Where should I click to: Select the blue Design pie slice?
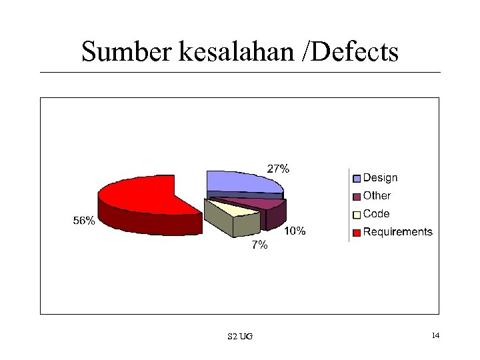pyautogui.click(x=240, y=181)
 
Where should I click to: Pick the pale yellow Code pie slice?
pyautogui.click(x=233, y=209)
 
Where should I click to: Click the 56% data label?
pyautogui.click(x=84, y=221)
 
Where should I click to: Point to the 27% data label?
pyautogui.click(x=278, y=169)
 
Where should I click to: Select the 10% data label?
pyautogui.click(x=295, y=231)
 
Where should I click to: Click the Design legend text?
pyautogui.click(x=380, y=178)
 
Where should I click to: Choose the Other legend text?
pyautogui.click(x=377, y=196)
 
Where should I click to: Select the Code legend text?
pyautogui.click(x=376, y=214)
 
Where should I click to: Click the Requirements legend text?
pyautogui.click(x=397, y=232)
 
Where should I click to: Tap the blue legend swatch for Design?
pyautogui.click(x=357, y=179)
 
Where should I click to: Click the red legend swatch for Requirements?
pyautogui.click(x=357, y=233)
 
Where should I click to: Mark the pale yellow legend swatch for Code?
pyautogui.click(x=357, y=215)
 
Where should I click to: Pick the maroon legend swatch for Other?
pyautogui.click(x=357, y=197)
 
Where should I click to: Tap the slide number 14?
pyautogui.click(x=435, y=335)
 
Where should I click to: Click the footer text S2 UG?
pyautogui.click(x=240, y=336)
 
